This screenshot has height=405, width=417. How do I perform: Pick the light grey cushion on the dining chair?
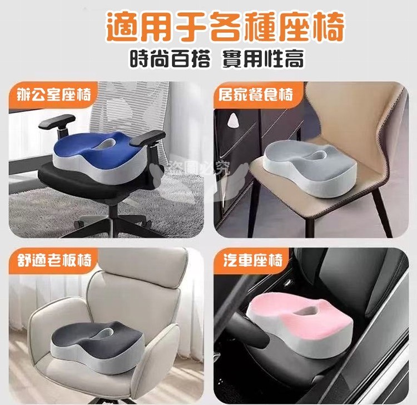point(310,168)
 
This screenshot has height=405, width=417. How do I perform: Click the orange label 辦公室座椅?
point(54,95)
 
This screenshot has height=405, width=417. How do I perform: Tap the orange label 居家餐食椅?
point(256,95)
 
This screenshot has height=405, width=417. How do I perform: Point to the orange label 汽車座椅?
point(252,260)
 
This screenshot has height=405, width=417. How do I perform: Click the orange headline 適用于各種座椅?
point(225,27)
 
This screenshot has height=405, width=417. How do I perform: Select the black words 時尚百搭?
point(170,58)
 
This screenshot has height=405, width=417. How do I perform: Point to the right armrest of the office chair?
point(147,137)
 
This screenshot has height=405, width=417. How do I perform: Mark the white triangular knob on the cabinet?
point(232,119)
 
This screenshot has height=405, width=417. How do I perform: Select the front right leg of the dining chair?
point(381,213)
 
